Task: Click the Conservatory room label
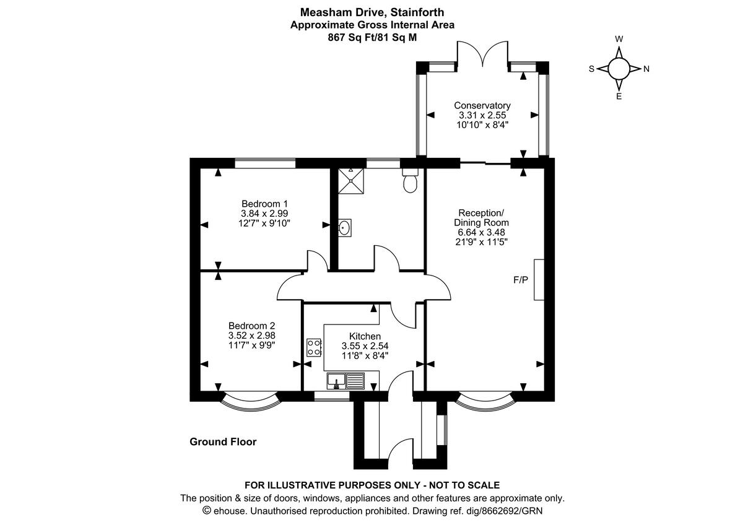click(x=482, y=105)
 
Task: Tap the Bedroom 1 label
click(x=264, y=204)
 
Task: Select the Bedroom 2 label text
click(x=251, y=326)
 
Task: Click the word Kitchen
click(x=364, y=336)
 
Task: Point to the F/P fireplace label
click(x=521, y=280)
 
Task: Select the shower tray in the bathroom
click(x=351, y=180)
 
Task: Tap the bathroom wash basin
click(x=345, y=228)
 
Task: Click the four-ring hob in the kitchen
click(x=313, y=348)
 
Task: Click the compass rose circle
click(x=619, y=69)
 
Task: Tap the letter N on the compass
click(x=646, y=69)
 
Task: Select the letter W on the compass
click(x=619, y=39)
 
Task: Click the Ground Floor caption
click(x=222, y=442)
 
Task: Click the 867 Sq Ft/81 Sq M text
click(x=372, y=37)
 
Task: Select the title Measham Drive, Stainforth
click(x=372, y=12)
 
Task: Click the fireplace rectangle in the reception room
click(x=539, y=280)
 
